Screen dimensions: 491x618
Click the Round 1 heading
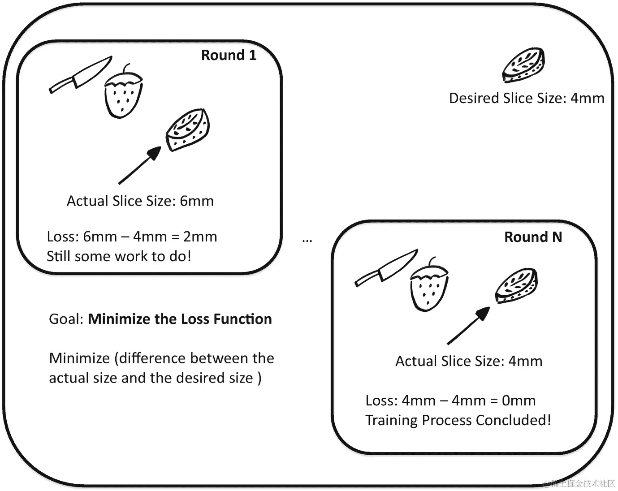[x=229, y=55]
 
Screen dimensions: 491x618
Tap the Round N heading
[x=533, y=237]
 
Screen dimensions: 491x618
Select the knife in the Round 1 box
[x=81, y=75]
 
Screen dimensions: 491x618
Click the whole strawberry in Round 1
[x=123, y=95]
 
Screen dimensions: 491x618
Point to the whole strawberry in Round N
[x=429, y=287]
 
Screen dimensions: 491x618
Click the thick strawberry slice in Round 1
[x=188, y=129]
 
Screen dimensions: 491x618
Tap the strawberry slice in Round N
[x=516, y=285]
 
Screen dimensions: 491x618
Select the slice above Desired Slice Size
[x=523, y=65]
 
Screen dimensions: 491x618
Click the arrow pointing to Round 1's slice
[x=140, y=165]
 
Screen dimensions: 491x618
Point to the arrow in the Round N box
[x=468, y=326]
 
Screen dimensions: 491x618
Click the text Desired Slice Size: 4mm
[x=526, y=98]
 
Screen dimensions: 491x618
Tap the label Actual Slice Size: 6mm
[x=140, y=201]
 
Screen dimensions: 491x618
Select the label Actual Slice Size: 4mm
[x=468, y=361]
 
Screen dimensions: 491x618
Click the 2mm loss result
[x=200, y=237]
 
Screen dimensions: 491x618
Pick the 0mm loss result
[x=519, y=401]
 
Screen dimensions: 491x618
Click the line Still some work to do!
[x=119, y=256]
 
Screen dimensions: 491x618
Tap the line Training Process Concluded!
[x=458, y=420]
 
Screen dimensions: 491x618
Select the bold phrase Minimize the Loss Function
[x=180, y=319]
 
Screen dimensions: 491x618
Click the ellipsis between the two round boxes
[x=307, y=241]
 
